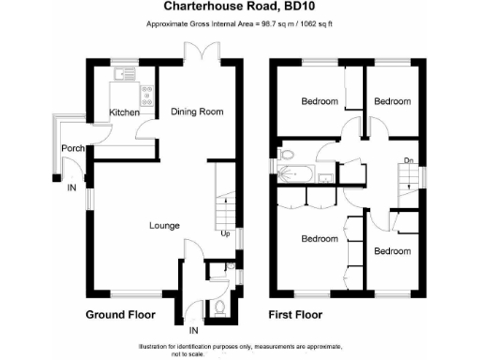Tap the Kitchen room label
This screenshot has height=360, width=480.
[125, 112]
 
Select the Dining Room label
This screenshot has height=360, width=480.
[197, 112]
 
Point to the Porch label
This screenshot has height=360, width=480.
[73, 149]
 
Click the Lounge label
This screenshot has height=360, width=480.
[165, 225]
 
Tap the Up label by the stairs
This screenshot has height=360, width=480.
[225, 233]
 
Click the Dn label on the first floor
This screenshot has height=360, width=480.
[409, 161]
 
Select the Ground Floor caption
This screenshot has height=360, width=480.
[122, 314]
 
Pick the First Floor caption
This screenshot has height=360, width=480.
[296, 314]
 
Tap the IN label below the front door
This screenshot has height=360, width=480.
[194, 331]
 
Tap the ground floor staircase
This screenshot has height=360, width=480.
[223, 197]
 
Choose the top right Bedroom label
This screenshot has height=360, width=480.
[392, 101]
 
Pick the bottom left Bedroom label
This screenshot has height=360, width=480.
[319, 239]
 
